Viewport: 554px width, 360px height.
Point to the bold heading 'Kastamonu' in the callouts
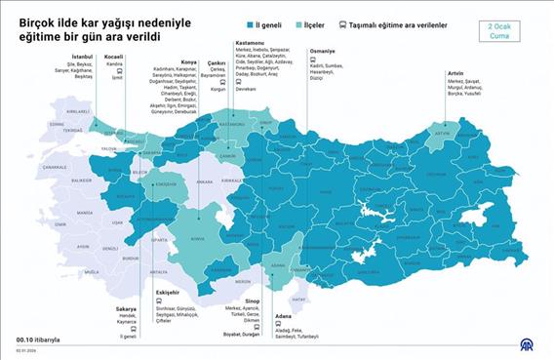(x=250, y=42)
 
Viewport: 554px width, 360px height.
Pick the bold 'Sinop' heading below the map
(x=224, y=301)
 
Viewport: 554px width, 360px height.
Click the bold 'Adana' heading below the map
(x=283, y=316)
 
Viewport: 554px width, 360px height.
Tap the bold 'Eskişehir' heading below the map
(x=168, y=292)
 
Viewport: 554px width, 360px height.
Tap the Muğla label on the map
(x=90, y=272)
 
